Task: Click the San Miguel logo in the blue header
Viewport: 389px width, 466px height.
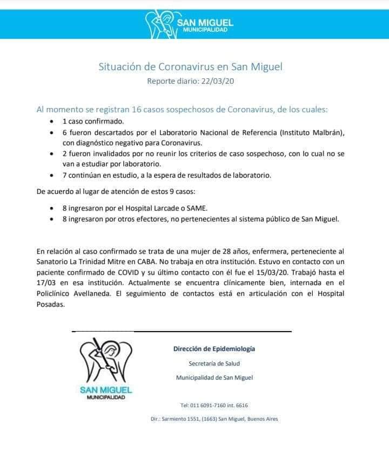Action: [x=190, y=24]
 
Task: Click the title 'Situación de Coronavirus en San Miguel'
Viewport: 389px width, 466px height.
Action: [x=190, y=67]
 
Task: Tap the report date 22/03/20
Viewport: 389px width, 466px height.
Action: [x=216, y=82]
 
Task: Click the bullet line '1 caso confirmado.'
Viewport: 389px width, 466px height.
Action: [x=93, y=121]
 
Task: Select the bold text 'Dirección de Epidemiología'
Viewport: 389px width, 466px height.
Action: [x=214, y=349]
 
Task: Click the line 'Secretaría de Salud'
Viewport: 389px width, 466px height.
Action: [x=214, y=363]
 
